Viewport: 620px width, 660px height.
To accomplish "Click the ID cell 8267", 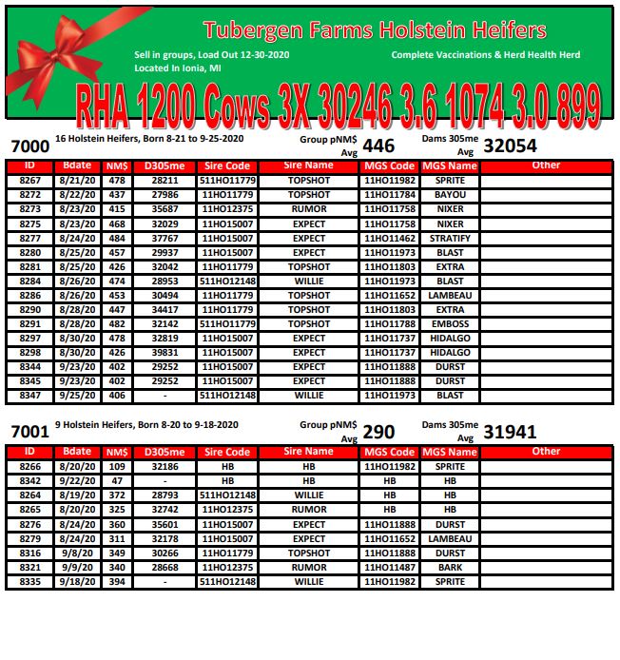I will (x=29, y=180).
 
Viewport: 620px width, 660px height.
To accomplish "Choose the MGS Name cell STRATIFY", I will (x=450, y=239).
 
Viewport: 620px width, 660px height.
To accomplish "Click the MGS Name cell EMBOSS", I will (x=450, y=324).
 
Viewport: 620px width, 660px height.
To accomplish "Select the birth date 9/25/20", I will (x=73, y=396).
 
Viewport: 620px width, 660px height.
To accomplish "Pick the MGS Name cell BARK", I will (x=450, y=568).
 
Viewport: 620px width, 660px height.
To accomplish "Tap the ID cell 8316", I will (x=29, y=553).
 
